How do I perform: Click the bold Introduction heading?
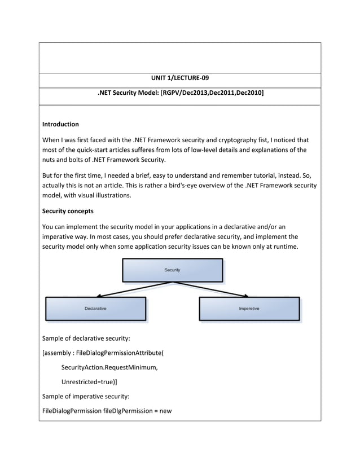coord(60,124)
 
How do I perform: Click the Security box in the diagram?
coord(172,270)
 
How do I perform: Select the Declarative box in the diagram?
coord(95,309)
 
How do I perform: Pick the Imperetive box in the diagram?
coord(249,309)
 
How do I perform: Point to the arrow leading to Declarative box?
coord(130,289)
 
